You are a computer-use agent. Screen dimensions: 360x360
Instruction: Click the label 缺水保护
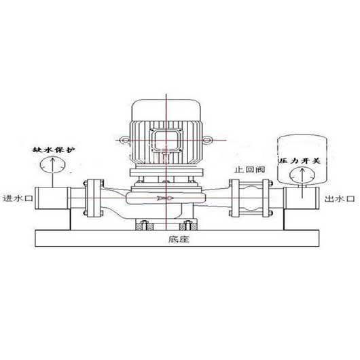(x=54, y=150)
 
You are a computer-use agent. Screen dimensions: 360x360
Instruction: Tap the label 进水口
(x=18, y=198)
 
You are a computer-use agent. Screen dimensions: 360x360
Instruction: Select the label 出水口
(x=340, y=198)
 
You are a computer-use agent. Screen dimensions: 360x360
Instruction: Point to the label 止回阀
(x=249, y=170)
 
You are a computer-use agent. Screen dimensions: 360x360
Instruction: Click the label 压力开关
(x=299, y=160)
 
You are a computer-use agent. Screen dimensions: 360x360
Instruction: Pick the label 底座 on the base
(x=179, y=239)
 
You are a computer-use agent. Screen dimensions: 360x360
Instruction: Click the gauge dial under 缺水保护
(x=52, y=164)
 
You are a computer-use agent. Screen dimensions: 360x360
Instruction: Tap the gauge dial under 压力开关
(x=302, y=176)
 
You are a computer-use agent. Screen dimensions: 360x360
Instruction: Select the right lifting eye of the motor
(x=207, y=139)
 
